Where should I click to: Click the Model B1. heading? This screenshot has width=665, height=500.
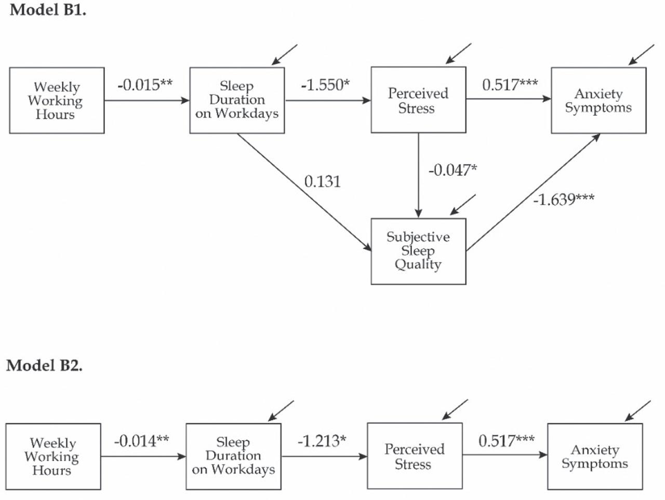tap(48, 10)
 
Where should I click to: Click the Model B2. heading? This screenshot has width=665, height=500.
tap(44, 366)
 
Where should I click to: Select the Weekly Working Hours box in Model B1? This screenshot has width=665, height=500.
tap(57, 100)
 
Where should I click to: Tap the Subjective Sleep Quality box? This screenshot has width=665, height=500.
tap(418, 251)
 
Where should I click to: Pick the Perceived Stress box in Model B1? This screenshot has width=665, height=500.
tap(418, 100)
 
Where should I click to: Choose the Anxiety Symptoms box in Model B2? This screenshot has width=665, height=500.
tap(595, 456)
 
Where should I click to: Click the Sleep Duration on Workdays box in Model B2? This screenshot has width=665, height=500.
tap(233, 456)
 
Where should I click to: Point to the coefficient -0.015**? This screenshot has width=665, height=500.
tap(145, 85)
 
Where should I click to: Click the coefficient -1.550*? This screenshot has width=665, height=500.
tap(326, 85)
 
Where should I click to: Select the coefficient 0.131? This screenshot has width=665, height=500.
tap(322, 182)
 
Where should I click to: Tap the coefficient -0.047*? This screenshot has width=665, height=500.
tap(453, 170)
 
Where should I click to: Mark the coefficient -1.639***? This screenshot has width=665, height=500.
tap(564, 199)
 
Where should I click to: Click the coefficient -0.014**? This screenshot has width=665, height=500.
tap(141, 441)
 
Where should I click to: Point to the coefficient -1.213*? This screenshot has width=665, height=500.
tap(322, 441)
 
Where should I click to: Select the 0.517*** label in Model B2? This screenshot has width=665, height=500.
tap(507, 441)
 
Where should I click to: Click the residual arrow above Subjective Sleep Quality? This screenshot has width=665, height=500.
tap(462, 205)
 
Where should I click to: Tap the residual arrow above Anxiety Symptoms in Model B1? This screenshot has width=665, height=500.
tap(641, 55)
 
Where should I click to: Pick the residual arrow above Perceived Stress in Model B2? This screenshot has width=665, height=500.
tap(455, 410)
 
